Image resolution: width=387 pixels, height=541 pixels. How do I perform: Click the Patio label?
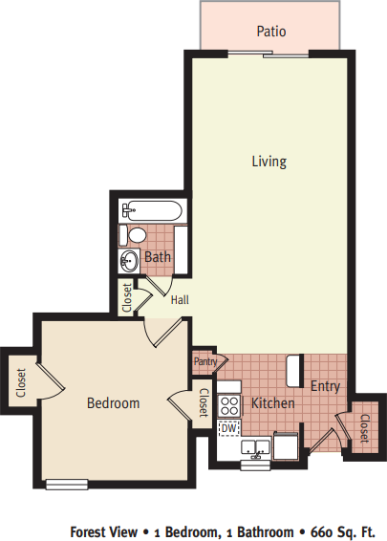[x=271, y=32]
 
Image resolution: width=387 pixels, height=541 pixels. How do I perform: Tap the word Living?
[x=269, y=162]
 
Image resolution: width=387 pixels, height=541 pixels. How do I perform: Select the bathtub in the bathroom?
[x=152, y=210]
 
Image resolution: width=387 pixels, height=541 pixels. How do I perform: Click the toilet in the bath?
[x=133, y=235]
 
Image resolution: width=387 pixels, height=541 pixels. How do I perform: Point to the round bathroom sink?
[x=130, y=261]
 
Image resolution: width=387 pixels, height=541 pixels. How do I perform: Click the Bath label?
[x=158, y=257]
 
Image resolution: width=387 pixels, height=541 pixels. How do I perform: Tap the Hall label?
[x=180, y=300]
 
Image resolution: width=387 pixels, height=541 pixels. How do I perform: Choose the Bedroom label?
[x=113, y=403]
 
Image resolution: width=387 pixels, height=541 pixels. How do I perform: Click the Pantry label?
[x=205, y=361]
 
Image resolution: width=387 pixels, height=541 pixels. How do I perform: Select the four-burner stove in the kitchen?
[x=229, y=405]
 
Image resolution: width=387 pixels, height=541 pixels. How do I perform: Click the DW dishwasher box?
[x=229, y=428]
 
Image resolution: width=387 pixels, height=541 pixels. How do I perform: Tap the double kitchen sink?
[x=255, y=447]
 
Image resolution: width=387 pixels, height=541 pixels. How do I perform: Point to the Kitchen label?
[x=273, y=403]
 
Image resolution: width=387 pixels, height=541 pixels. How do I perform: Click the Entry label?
[x=325, y=386]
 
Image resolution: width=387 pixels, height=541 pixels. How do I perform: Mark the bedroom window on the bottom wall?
[x=67, y=484]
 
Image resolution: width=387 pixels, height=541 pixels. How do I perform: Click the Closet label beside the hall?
[x=127, y=298]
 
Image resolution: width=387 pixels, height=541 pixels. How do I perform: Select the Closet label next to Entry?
[x=364, y=428]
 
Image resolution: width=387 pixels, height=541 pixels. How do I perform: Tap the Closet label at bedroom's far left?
[x=21, y=382]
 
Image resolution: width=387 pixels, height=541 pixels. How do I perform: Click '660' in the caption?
[x=322, y=531]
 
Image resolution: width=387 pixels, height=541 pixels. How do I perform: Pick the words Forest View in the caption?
[x=104, y=531]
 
